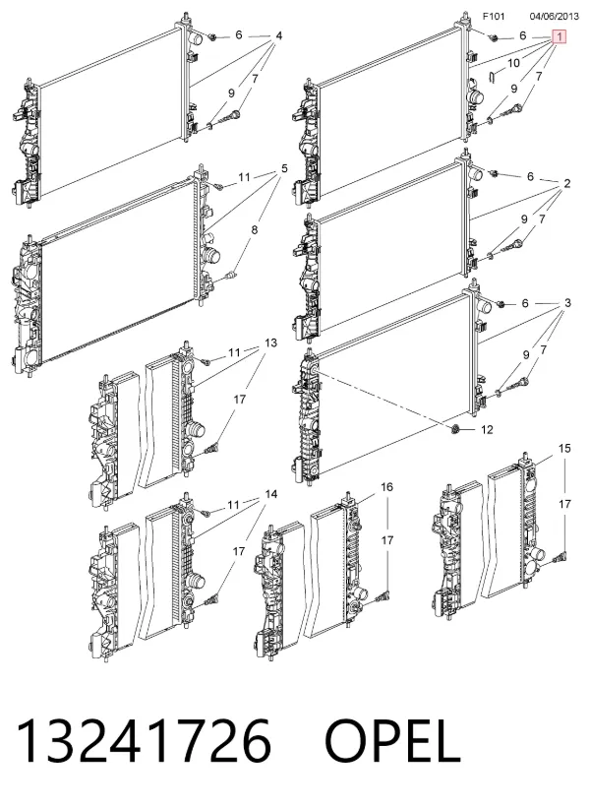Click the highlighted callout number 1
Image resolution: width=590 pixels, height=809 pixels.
point(560,36)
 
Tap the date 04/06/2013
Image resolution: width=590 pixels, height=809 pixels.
point(555,17)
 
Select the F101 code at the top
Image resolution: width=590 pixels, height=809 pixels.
point(493,17)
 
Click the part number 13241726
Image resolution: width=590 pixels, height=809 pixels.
point(144,741)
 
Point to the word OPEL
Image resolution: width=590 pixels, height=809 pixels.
point(392,741)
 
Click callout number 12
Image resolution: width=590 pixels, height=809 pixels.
point(487,429)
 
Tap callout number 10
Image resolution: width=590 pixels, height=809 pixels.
point(513,63)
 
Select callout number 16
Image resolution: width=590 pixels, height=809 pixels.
point(386,486)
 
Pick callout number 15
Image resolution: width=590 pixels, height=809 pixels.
point(564,448)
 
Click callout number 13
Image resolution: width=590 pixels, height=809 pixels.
point(270,342)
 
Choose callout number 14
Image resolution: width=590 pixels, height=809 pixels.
point(271,494)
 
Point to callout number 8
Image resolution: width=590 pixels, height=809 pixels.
point(255,230)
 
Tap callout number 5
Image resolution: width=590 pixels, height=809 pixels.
point(284,168)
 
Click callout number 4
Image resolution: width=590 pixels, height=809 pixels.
point(278,35)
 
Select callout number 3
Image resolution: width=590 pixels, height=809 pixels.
point(567,303)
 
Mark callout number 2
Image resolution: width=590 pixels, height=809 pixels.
point(567,183)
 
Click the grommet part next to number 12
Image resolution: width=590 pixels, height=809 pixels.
point(455,430)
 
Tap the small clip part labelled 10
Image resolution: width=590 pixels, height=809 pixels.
point(492,77)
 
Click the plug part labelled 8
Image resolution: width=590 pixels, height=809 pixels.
point(233,274)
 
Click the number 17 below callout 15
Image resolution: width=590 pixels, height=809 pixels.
point(565,504)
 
